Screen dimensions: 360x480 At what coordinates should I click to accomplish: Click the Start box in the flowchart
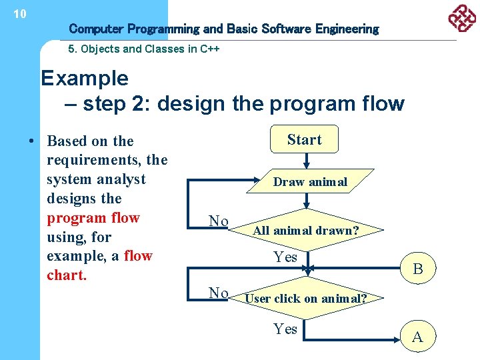pyautogui.click(x=304, y=139)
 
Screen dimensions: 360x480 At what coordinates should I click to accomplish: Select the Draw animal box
pyautogui.click(x=310, y=182)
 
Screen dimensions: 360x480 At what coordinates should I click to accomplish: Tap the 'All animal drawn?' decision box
pyautogui.click(x=306, y=231)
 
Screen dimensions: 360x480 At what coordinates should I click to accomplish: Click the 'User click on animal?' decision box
pyautogui.click(x=306, y=298)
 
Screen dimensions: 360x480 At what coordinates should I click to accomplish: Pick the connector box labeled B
pyautogui.click(x=418, y=269)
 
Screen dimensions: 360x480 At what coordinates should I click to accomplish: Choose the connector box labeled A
pyautogui.click(x=418, y=336)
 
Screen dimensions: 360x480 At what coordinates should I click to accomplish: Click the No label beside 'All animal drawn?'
pyautogui.click(x=219, y=221)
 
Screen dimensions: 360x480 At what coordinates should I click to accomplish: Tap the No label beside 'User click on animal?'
pyautogui.click(x=219, y=293)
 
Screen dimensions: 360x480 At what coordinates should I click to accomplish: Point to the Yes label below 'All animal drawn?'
pyautogui.click(x=285, y=257)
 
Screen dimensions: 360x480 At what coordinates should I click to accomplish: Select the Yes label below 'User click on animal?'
pyautogui.click(x=285, y=328)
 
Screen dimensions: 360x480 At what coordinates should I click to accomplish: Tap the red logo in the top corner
pyautogui.click(x=461, y=18)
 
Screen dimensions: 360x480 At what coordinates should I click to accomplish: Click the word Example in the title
pyautogui.click(x=85, y=79)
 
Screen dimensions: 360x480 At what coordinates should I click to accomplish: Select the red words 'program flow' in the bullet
pyautogui.click(x=93, y=218)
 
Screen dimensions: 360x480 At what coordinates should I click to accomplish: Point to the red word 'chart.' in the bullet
pyautogui.click(x=67, y=275)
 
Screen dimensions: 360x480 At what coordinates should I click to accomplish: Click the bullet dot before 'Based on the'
pyautogui.click(x=31, y=141)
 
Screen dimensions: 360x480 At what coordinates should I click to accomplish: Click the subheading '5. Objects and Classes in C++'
pyautogui.click(x=144, y=49)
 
